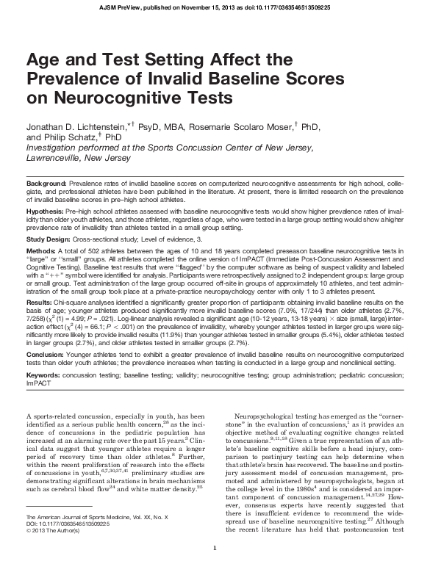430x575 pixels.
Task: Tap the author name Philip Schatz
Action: click(61, 137)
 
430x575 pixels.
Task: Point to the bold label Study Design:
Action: click(50, 239)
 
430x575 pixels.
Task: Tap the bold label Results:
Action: click(41, 302)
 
